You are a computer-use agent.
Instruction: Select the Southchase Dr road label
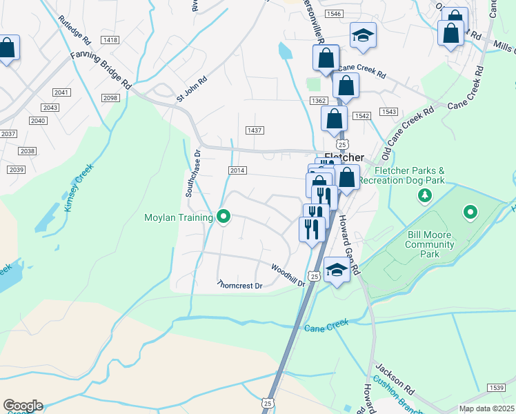click(192, 174)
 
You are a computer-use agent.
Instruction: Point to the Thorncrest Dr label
click(241, 284)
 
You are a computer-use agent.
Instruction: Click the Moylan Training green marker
click(224, 217)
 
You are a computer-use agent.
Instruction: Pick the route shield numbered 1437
click(255, 130)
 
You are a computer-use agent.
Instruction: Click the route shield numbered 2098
click(110, 99)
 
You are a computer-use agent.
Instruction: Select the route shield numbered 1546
click(335, 14)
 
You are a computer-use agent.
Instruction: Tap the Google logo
click(23, 406)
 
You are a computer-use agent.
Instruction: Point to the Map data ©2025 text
click(486, 408)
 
